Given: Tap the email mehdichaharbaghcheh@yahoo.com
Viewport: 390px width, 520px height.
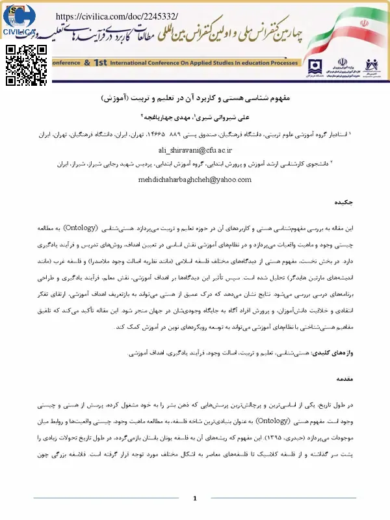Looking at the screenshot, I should [x=195, y=180].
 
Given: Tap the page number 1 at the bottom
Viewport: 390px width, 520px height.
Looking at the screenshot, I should [x=195, y=498].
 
